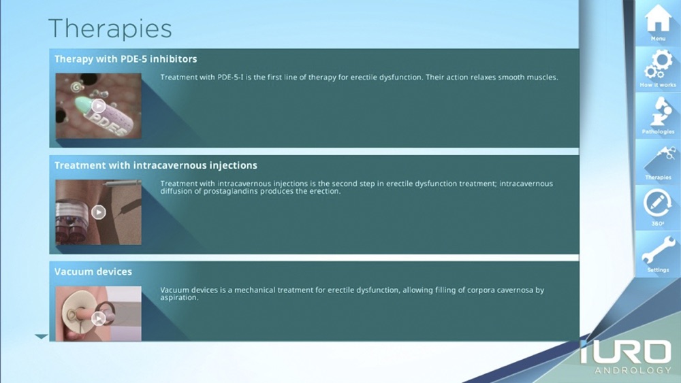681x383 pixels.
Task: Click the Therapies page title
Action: [x=110, y=29]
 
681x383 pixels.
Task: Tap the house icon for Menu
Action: [x=658, y=18]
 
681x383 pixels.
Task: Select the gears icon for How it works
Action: [x=658, y=65]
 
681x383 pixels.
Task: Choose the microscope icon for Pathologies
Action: [x=659, y=111]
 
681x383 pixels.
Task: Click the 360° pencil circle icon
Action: [x=658, y=203]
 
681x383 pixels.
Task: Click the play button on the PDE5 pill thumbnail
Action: [x=99, y=106]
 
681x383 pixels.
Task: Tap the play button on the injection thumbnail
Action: [x=99, y=212]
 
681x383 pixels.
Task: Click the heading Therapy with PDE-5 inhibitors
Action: [x=125, y=59]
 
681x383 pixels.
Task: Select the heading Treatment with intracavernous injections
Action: [x=155, y=165]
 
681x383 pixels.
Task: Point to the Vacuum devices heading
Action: [x=93, y=271]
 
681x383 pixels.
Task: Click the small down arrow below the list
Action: [x=42, y=336]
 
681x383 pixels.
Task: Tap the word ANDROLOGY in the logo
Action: [x=633, y=371]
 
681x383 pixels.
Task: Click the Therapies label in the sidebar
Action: [x=658, y=178]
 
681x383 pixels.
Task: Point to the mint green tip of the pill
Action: [x=82, y=105]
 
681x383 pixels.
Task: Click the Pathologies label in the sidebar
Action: [x=658, y=131]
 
